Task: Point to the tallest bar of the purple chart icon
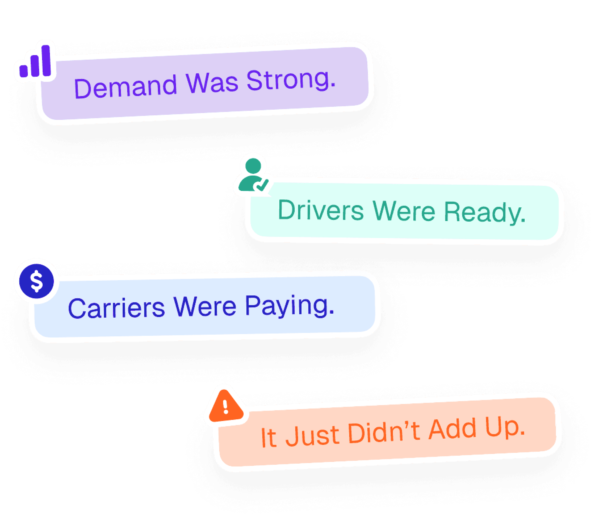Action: pyautogui.click(x=46, y=60)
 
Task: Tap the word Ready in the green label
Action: pyautogui.click(x=484, y=213)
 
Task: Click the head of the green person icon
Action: pyautogui.click(x=253, y=166)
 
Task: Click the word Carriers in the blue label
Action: pyautogui.click(x=116, y=308)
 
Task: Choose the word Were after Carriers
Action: pyautogui.click(x=205, y=307)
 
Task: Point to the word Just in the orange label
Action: pyautogui.click(x=312, y=435)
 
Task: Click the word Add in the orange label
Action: pyautogui.click(x=453, y=429)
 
